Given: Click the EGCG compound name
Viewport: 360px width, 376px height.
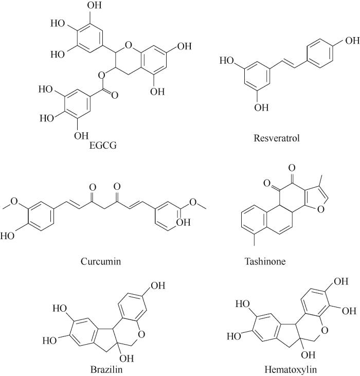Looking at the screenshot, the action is (103, 146).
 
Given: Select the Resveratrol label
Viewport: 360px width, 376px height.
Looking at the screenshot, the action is (277, 138).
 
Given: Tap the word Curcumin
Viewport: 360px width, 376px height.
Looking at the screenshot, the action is (101, 261).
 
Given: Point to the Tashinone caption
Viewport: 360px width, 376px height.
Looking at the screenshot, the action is (265, 261).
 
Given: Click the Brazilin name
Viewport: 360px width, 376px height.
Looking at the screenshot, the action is (106, 369).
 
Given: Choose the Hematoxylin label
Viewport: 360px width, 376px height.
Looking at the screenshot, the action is (291, 369).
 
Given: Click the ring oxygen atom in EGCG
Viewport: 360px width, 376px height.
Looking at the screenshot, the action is (129, 45).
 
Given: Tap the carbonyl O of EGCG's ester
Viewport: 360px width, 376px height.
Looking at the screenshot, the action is (115, 95).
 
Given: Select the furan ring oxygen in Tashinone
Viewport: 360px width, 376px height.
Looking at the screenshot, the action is (321, 209).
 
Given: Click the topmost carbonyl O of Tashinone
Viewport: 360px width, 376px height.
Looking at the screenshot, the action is (292, 168).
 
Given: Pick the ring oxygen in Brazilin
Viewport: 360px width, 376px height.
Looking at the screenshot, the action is (141, 334).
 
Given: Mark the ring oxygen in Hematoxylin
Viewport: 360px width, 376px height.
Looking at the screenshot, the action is (325, 330).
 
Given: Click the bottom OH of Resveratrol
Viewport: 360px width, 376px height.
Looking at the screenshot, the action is (261, 108).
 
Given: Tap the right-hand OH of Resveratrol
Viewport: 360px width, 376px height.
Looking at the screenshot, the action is (352, 41).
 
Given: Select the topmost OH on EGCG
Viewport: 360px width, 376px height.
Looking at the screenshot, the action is (95, 5).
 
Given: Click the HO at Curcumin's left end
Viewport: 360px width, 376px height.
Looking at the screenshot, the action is (7, 236).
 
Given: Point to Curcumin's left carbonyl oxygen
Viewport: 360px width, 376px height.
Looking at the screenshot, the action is (93, 187).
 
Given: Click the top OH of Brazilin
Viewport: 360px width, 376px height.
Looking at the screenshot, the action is (158, 285).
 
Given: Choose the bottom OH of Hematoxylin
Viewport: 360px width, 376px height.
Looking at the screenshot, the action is (308, 355).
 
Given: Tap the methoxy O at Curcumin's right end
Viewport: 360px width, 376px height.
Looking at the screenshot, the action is (193, 202).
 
